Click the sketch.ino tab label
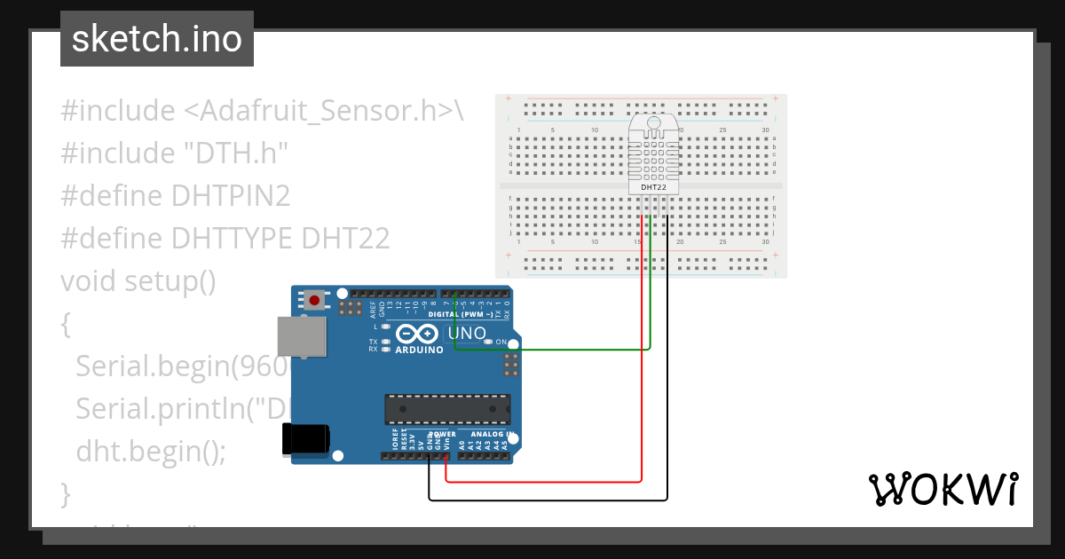(x=157, y=39)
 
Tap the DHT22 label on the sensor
(x=653, y=188)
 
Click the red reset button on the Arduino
(x=314, y=300)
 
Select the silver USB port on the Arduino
(x=301, y=337)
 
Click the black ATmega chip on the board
(x=446, y=408)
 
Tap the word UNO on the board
(x=468, y=334)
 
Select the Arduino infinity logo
(x=417, y=334)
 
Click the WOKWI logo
(x=942, y=489)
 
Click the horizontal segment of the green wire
(x=550, y=350)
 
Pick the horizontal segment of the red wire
(x=541, y=482)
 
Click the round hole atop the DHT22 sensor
(x=653, y=123)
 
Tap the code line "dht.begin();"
(x=151, y=451)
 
